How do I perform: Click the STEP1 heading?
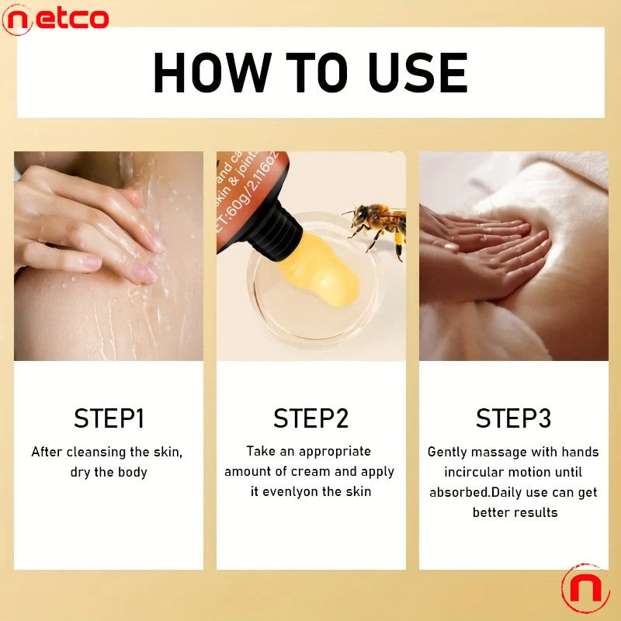coord(109,418)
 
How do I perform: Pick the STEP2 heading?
coord(310,418)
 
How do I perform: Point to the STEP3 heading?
coord(513,418)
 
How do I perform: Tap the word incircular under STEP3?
coord(476,472)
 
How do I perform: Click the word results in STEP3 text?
coord(535,512)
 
